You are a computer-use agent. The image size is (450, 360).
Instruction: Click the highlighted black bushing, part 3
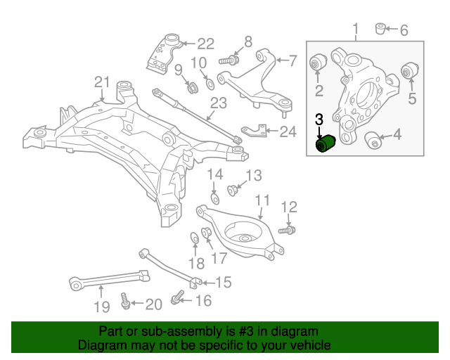[x=326, y=143]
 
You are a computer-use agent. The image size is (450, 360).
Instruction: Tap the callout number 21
[x=103, y=82]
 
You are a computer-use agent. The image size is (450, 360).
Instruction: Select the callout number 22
[x=205, y=43]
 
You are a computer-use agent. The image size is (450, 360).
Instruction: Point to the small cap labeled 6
[x=381, y=29]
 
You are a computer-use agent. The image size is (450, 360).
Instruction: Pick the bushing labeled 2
[x=318, y=63]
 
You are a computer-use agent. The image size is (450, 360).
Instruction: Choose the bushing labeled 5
[x=409, y=71]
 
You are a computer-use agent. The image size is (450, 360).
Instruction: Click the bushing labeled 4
[x=373, y=141]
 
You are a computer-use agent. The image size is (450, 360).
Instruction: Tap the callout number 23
[x=219, y=103]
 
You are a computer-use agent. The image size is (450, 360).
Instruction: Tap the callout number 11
[x=262, y=200]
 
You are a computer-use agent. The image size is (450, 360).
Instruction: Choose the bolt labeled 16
[x=176, y=301]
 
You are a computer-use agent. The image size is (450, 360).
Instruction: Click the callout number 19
[x=102, y=306]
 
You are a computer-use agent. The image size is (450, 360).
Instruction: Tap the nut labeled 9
[x=190, y=88]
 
